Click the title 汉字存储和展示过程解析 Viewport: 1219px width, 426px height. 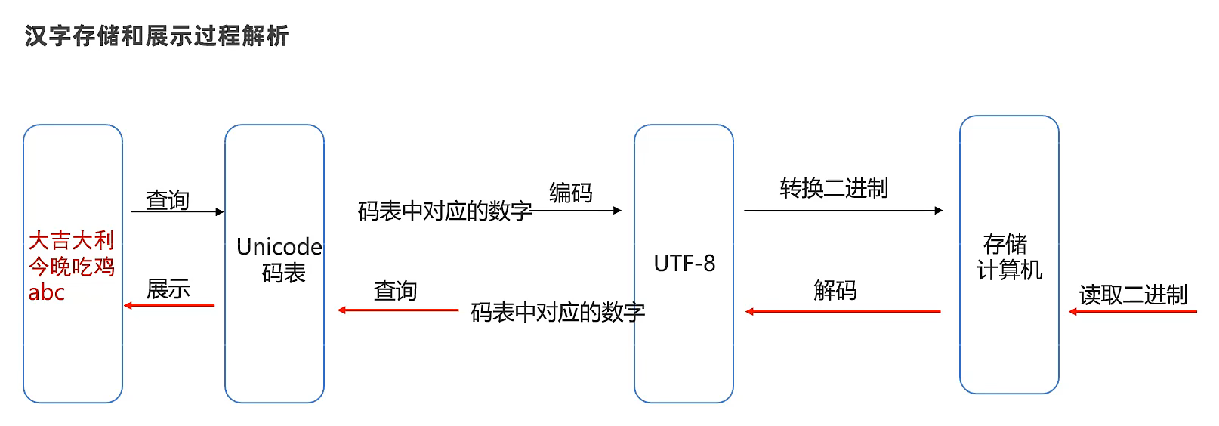point(156,35)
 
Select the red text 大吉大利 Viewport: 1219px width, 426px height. point(71,240)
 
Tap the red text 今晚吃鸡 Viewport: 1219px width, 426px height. point(71,266)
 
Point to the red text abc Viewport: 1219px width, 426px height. point(46,292)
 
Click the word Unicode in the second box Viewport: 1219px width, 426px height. point(279,246)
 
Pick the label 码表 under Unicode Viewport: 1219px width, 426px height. point(283,273)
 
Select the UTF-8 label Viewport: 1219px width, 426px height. point(684,264)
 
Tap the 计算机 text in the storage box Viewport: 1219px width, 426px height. point(1009,270)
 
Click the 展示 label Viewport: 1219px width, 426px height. point(168,289)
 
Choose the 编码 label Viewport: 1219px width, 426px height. point(570,193)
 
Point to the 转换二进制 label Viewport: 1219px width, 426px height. point(834,188)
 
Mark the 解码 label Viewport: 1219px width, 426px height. point(835,290)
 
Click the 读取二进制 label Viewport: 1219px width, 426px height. point(1133,295)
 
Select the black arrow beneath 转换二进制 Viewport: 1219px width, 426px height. point(843,211)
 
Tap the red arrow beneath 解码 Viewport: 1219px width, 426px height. point(843,311)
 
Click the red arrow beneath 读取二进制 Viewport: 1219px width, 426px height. point(1133,311)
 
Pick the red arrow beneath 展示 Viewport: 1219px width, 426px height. point(169,306)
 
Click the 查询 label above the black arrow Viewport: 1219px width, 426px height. point(167,200)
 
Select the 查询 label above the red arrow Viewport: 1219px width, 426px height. point(395,291)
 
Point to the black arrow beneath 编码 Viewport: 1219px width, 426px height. point(578,211)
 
